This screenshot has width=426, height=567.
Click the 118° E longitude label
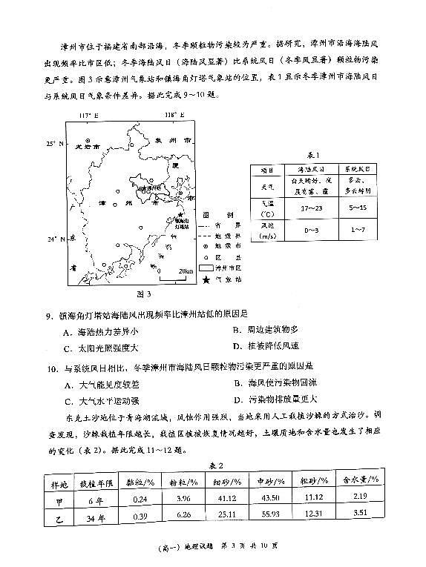(172, 116)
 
